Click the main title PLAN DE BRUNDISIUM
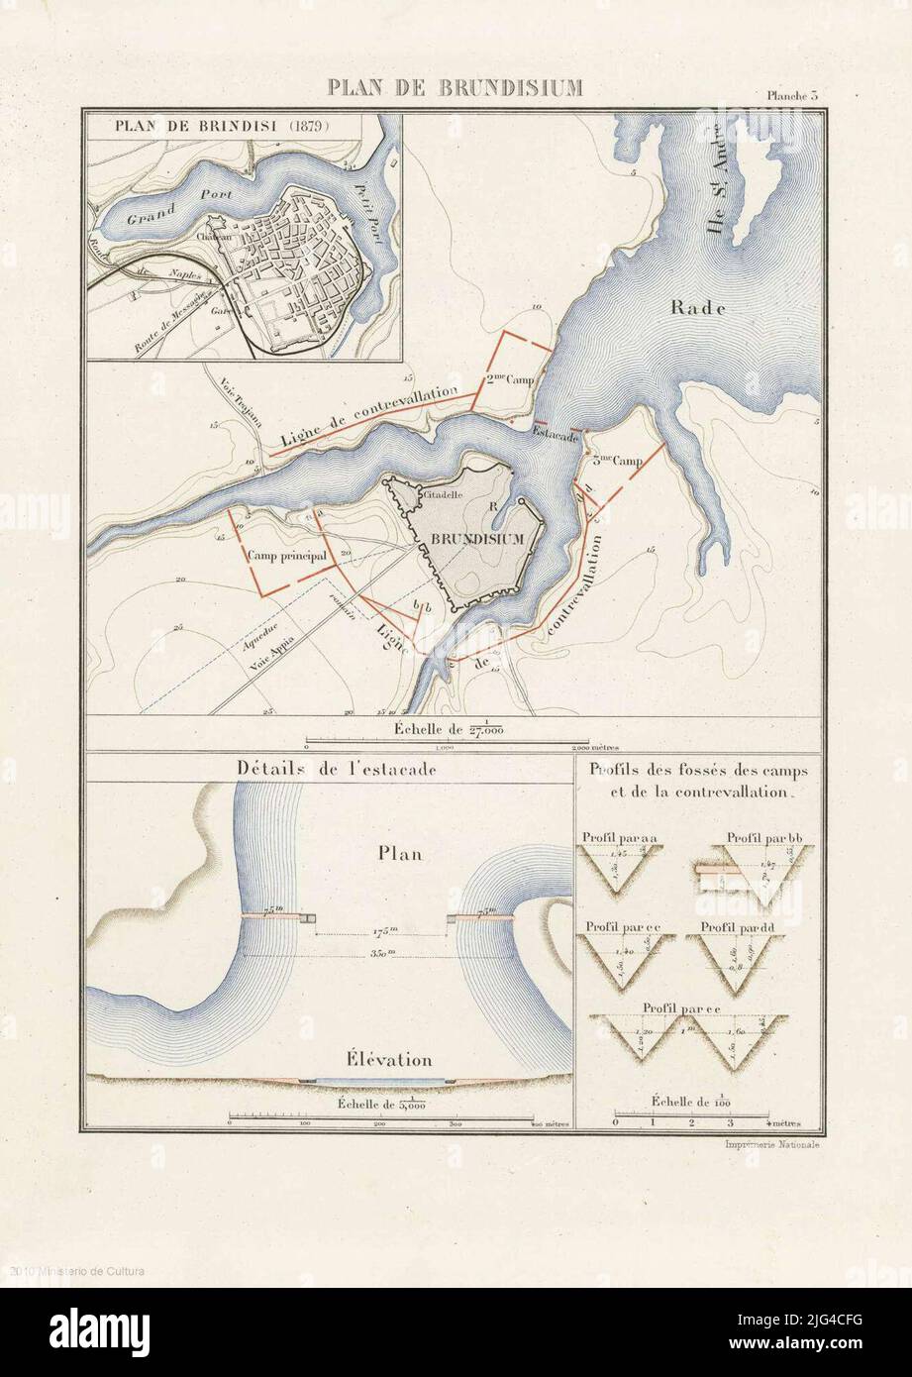pyautogui.click(x=455, y=88)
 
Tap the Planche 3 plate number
pyautogui.click(x=791, y=96)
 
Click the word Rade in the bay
pyautogui.click(x=699, y=308)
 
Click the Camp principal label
pyautogui.click(x=287, y=556)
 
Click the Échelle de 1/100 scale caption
pyautogui.click(x=692, y=1102)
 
